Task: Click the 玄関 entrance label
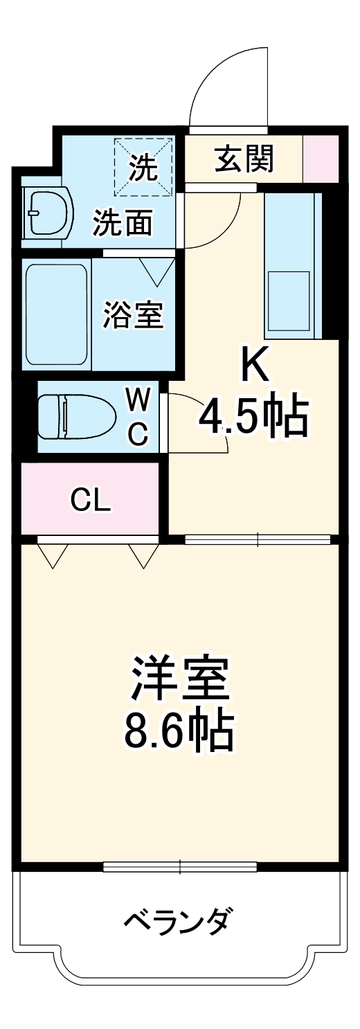(244, 159)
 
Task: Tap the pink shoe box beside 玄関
(321, 159)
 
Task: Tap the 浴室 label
(133, 315)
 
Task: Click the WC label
(138, 416)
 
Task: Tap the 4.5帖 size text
(253, 415)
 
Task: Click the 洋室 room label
(179, 677)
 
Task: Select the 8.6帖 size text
(179, 729)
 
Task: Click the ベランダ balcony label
(178, 921)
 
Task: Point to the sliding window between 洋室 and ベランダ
(180, 866)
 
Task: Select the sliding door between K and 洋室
(258, 539)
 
